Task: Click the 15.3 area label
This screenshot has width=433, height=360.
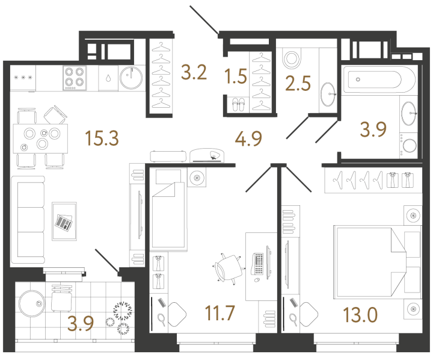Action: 102,138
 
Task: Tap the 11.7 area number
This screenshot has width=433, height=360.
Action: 220,312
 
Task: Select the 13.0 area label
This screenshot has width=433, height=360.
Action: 360,315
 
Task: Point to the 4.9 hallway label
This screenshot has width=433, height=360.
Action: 248,138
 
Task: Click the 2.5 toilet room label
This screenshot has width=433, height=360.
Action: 298,83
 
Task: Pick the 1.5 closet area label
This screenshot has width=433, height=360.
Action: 236,76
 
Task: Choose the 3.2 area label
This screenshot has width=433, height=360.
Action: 194,72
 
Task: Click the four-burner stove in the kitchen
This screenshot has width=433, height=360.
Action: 75,78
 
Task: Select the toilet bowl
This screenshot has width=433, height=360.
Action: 292,59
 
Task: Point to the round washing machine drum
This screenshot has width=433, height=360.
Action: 410,146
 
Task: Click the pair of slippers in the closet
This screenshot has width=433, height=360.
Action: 238,105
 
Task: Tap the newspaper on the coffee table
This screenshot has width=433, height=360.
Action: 64,222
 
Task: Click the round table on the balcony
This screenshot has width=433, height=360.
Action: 31,303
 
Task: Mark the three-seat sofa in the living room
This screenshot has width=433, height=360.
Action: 28,220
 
